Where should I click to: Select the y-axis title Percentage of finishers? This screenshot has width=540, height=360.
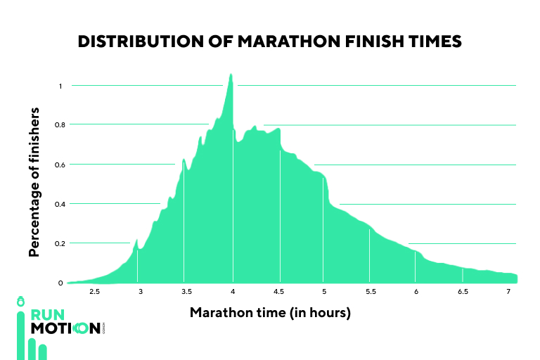point(34,182)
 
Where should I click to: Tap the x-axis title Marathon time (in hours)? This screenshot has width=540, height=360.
point(270,311)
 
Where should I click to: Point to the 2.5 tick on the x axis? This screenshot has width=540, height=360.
point(94,292)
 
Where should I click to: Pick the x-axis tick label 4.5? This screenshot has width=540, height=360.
point(279,292)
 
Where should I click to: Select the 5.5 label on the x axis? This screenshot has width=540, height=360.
point(371,292)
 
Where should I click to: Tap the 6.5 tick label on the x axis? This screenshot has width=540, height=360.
point(463,292)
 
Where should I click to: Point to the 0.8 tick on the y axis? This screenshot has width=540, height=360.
point(59,125)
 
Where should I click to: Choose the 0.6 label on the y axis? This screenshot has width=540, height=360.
point(59,165)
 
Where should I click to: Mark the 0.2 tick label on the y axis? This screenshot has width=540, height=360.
point(59,243)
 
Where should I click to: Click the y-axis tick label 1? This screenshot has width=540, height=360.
point(60,86)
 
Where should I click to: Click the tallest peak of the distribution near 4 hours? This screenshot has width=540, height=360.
point(231,75)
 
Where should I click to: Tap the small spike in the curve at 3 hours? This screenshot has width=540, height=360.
point(137,241)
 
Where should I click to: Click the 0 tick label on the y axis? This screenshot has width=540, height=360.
point(60,283)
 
